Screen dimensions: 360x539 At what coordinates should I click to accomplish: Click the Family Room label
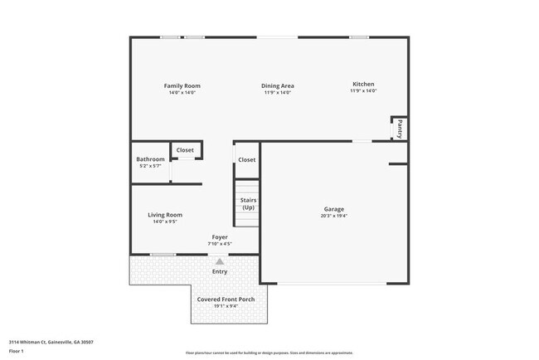click(x=182, y=85)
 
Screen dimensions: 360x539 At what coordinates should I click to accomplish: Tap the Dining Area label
click(x=278, y=85)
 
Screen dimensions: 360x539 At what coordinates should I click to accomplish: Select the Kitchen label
click(x=363, y=84)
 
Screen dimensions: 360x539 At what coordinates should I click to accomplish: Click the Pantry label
click(x=400, y=129)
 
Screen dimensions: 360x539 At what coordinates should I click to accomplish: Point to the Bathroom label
click(x=150, y=159)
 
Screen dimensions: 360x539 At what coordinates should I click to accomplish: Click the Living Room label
click(x=165, y=215)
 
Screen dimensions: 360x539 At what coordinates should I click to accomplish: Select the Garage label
click(x=334, y=209)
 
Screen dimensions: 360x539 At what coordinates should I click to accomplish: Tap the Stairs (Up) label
click(x=248, y=203)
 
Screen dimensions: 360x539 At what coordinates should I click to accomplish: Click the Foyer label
click(x=220, y=237)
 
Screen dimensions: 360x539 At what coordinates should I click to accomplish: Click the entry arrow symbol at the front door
click(x=220, y=260)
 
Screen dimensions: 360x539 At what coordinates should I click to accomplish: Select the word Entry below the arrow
click(x=220, y=271)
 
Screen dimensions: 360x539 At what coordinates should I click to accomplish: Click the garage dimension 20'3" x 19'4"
click(x=334, y=216)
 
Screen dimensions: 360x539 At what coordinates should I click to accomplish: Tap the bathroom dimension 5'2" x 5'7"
click(x=150, y=166)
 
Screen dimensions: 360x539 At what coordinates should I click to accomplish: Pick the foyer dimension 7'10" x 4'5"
click(x=220, y=244)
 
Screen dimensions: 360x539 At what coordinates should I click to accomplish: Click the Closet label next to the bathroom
click(x=185, y=150)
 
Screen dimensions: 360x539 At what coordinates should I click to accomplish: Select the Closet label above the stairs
click(x=247, y=159)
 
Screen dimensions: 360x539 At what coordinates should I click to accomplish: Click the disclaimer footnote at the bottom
click(x=269, y=353)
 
